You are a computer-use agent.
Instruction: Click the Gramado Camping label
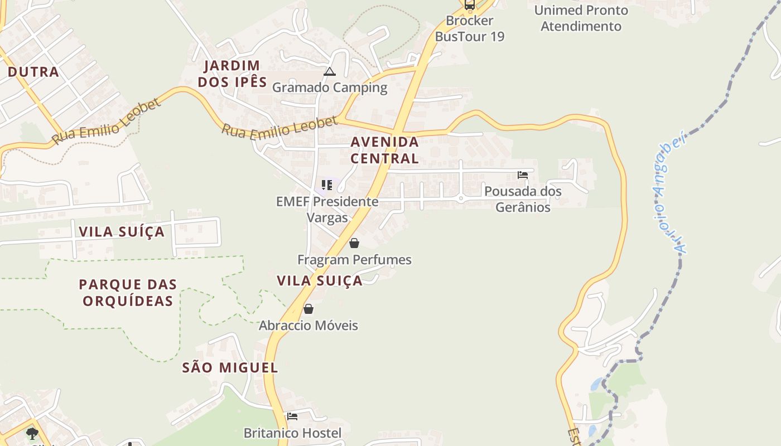click(330, 88)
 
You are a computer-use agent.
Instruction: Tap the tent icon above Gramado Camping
click(330, 71)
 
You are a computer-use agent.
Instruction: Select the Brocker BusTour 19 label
click(470, 28)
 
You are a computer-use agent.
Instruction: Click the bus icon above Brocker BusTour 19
click(470, 5)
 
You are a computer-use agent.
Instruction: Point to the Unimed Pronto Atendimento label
click(581, 18)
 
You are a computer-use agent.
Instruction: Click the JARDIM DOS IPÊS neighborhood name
click(232, 74)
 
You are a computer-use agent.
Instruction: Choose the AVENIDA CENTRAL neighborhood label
click(384, 150)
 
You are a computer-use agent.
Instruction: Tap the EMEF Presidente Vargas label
click(327, 210)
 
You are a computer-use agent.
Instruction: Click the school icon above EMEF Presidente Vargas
click(327, 185)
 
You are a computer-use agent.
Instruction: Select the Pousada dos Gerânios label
click(523, 199)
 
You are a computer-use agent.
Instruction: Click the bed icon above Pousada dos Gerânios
click(523, 175)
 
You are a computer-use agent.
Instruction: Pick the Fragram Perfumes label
click(354, 260)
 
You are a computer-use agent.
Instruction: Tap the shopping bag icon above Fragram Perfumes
click(354, 243)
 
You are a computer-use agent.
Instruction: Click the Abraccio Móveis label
click(308, 326)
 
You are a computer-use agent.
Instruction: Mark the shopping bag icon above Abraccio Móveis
click(308, 309)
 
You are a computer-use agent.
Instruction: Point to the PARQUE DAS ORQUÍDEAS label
click(128, 293)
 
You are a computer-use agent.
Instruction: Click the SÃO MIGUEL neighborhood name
click(230, 368)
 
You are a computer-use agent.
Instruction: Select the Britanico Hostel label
click(292, 433)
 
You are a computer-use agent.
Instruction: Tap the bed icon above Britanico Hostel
click(292, 416)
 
